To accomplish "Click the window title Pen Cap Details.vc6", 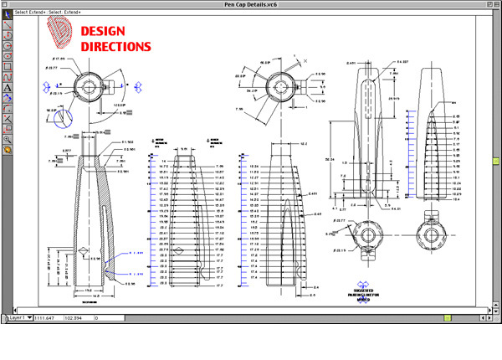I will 250,5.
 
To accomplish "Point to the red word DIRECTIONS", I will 116,47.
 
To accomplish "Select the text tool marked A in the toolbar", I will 7,87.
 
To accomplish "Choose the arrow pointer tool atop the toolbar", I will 7,15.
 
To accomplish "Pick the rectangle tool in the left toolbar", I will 7,66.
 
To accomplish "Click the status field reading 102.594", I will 78,319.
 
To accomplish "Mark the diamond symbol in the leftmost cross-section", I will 83,250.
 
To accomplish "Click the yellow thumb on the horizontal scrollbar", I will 448,318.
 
